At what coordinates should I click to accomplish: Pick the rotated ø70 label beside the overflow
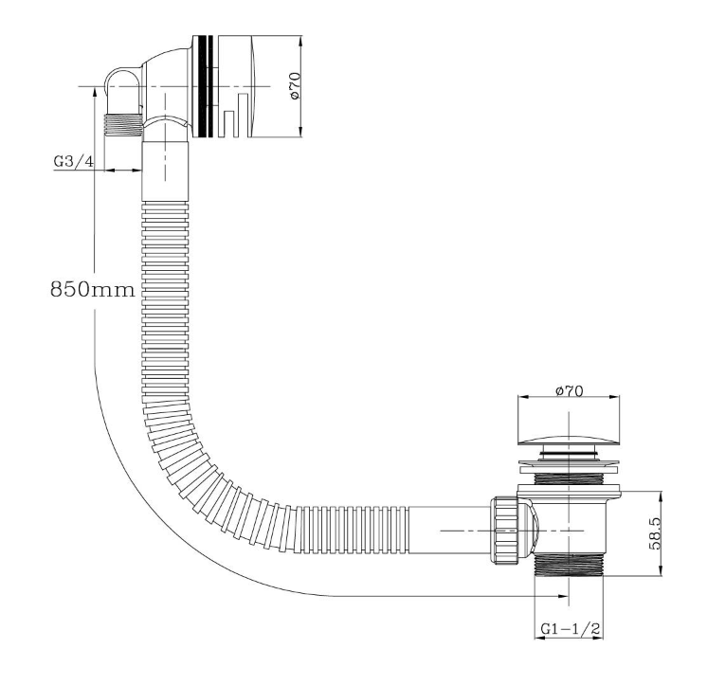pyautogui.click(x=295, y=86)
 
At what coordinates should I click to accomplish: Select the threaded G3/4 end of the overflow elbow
pyautogui.click(x=122, y=123)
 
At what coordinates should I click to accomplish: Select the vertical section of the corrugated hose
pyautogui.click(x=166, y=303)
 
